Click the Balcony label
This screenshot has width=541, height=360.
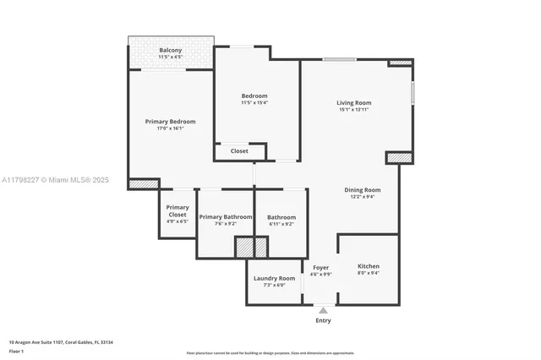[x=170, y=50]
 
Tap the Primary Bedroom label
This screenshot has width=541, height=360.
[x=164, y=122]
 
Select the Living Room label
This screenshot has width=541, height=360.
[x=354, y=103]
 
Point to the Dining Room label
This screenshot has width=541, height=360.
[x=362, y=190]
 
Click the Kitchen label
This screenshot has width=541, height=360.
[x=369, y=265]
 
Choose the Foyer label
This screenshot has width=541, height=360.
[x=320, y=267]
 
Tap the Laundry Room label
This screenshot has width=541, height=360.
[x=275, y=278]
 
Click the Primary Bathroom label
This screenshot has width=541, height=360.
[x=226, y=217]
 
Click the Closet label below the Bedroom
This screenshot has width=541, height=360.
[x=239, y=151]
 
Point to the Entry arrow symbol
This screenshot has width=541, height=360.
[x=323, y=310]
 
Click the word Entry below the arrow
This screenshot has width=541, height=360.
[x=323, y=320]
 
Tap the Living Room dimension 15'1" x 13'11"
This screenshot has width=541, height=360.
[x=354, y=110]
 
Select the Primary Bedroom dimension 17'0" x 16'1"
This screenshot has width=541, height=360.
[x=164, y=128]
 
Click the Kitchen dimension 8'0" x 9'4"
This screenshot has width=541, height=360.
[x=369, y=273]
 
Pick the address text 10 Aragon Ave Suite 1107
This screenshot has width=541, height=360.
[x=61, y=342]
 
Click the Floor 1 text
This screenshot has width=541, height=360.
[x=17, y=351]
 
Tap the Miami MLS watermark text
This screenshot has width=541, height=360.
[x=55, y=180]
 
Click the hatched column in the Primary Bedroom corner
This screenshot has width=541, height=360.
[x=144, y=183]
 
